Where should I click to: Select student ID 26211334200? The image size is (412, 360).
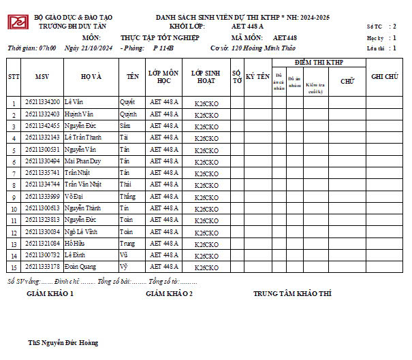[42, 101]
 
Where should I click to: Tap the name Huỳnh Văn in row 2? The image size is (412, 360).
[80, 114]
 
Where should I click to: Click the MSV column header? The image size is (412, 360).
[42, 77]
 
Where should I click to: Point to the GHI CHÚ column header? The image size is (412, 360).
[385, 77]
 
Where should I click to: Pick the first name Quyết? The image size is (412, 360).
[127, 101]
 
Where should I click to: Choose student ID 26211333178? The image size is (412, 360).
[42, 266]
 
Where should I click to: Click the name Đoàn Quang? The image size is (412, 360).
[80, 266]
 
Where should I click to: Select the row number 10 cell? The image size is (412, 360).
[14, 208]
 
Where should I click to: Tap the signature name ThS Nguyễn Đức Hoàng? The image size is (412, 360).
[63, 343]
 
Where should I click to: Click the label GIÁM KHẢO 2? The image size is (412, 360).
[170, 293]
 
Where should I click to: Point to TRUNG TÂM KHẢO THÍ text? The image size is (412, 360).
[292, 293]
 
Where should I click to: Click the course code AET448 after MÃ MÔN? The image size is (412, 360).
[285, 37]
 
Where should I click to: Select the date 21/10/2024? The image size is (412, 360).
[89, 48]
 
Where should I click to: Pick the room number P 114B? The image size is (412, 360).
[163, 48]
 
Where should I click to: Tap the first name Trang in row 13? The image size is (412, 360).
[127, 243]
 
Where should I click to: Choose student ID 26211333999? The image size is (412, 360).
[42, 196]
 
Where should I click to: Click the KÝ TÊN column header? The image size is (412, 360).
[258, 77]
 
